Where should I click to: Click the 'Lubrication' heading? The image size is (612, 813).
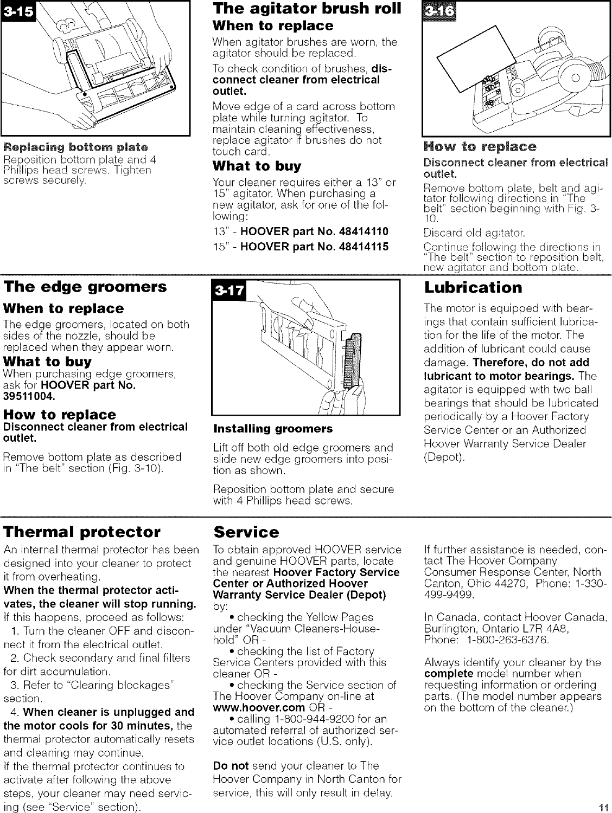click(x=473, y=287)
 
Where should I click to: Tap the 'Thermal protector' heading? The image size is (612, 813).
click(x=82, y=531)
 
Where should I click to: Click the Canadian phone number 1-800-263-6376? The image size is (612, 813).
click(x=505, y=640)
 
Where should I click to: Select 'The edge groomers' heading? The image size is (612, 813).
click(x=85, y=287)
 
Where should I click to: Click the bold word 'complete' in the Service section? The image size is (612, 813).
click(x=449, y=674)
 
